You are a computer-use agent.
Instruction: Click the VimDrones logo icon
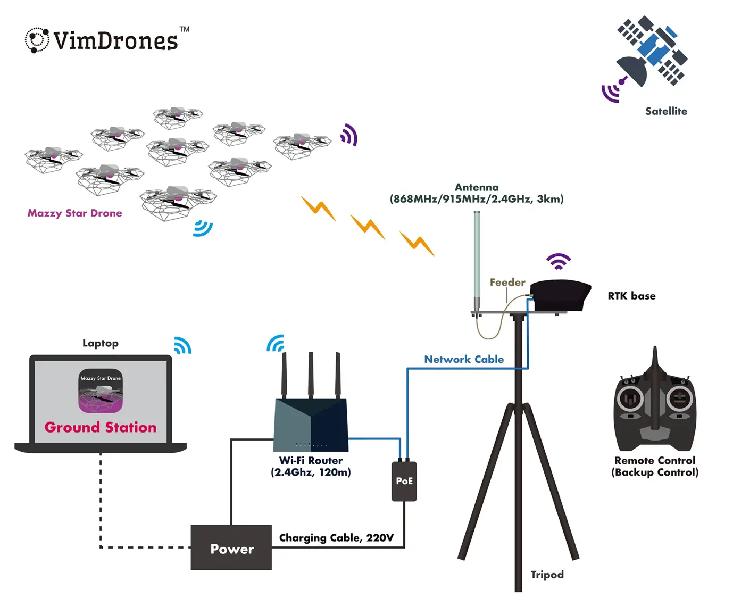[x=37, y=40]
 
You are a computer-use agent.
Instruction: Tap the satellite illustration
[x=652, y=52]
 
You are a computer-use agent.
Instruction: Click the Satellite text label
[x=666, y=111]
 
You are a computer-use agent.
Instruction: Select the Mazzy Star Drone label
[x=74, y=213]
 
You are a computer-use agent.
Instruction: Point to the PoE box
[x=404, y=481]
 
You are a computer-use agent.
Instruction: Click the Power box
[x=231, y=548]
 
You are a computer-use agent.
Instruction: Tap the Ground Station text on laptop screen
[x=101, y=427]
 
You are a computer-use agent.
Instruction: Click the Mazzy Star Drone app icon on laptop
[x=101, y=391]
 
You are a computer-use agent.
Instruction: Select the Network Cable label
[x=464, y=359]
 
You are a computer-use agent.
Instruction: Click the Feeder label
[x=507, y=283]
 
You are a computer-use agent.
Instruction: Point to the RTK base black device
[x=560, y=295]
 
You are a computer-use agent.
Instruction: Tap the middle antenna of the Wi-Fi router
[x=311, y=375]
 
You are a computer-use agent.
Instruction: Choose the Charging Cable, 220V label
[x=336, y=538]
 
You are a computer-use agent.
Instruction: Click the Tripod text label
[x=547, y=575]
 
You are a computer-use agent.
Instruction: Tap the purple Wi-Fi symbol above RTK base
[x=559, y=261]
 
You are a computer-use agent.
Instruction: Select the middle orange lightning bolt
[x=368, y=226]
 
